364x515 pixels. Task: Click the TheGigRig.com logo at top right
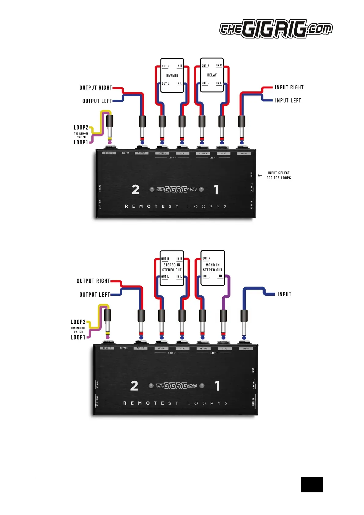[x=276, y=29]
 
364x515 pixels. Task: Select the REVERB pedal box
[x=172, y=75]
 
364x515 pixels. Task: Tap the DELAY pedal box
[x=212, y=75]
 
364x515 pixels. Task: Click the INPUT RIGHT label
[x=289, y=87]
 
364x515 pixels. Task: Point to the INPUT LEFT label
[x=288, y=101]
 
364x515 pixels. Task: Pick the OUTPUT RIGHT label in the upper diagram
[x=96, y=88]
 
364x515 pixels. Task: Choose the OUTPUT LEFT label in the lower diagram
[x=94, y=295]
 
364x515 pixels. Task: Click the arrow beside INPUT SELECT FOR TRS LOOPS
[x=260, y=175]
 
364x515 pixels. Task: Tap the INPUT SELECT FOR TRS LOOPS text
[x=278, y=175]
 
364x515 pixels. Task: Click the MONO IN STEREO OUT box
[x=212, y=268]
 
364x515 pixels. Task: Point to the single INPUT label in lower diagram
[x=284, y=294]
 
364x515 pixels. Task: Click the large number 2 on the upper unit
[x=135, y=190]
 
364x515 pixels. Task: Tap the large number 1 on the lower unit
[x=217, y=386]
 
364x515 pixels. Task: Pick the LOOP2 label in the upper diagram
[x=81, y=128]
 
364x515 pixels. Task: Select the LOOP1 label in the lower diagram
[x=78, y=337]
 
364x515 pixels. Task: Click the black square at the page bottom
[x=311, y=484]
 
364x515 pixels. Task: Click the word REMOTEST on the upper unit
[x=152, y=206]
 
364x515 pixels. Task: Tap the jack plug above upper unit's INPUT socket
[x=242, y=127]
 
